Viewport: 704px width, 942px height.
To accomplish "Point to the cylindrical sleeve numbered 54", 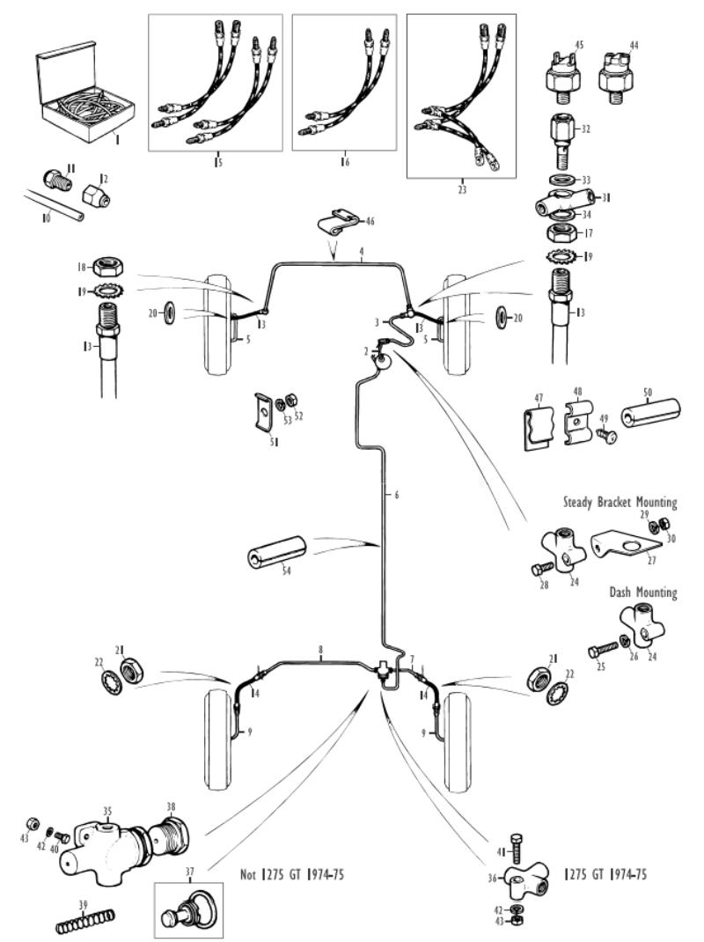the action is tap(276, 551).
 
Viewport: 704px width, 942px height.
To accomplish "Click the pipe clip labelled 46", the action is tap(338, 223).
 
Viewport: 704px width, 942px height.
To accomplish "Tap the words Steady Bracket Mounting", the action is tap(620, 502).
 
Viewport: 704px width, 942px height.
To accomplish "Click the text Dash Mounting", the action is tap(642, 592).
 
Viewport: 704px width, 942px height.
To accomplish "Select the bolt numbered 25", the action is tap(603, 650).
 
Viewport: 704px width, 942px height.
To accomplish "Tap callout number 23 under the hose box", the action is tap(461, 189).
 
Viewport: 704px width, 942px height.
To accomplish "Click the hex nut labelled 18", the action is tap(108, 266).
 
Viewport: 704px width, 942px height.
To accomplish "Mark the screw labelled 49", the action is tap(605, 434).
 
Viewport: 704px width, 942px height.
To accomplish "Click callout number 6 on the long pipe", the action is tap(397, 496).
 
